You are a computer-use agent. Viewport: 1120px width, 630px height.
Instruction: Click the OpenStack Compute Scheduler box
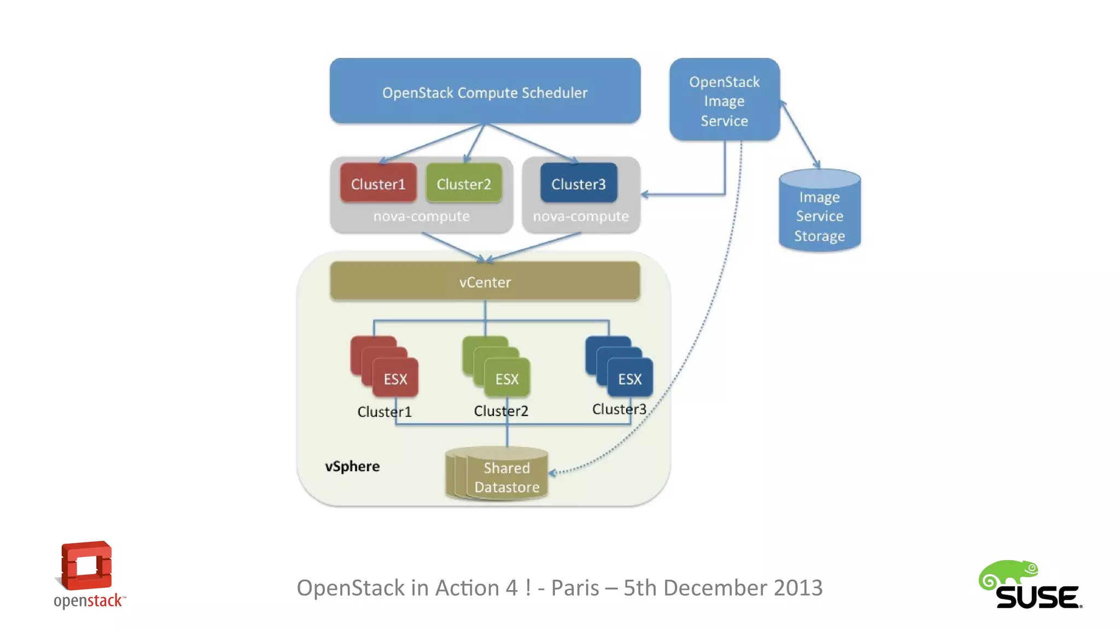click(485, 91)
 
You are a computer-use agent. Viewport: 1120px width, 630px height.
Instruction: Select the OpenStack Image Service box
click(724, 100)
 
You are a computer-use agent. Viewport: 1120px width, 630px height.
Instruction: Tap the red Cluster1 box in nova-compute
click(378, 184)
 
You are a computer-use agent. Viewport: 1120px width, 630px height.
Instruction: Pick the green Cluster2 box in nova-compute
click(464, 184)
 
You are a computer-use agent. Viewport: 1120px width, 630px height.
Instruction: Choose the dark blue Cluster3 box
click(579, 184)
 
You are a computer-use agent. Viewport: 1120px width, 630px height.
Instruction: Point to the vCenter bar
click(485, 282)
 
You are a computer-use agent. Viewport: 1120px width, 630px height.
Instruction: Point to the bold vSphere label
click(352, 466)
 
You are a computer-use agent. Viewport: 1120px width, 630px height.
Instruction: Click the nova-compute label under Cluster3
click(581, 217)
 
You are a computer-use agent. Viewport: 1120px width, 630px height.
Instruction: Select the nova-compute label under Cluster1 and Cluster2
click(421, 217)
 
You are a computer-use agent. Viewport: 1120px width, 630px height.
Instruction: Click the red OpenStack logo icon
click(86, 565)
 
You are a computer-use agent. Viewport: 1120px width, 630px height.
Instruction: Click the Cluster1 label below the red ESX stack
click(384, 411)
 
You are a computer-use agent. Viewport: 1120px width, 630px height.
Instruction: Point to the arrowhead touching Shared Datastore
click(552, 472)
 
